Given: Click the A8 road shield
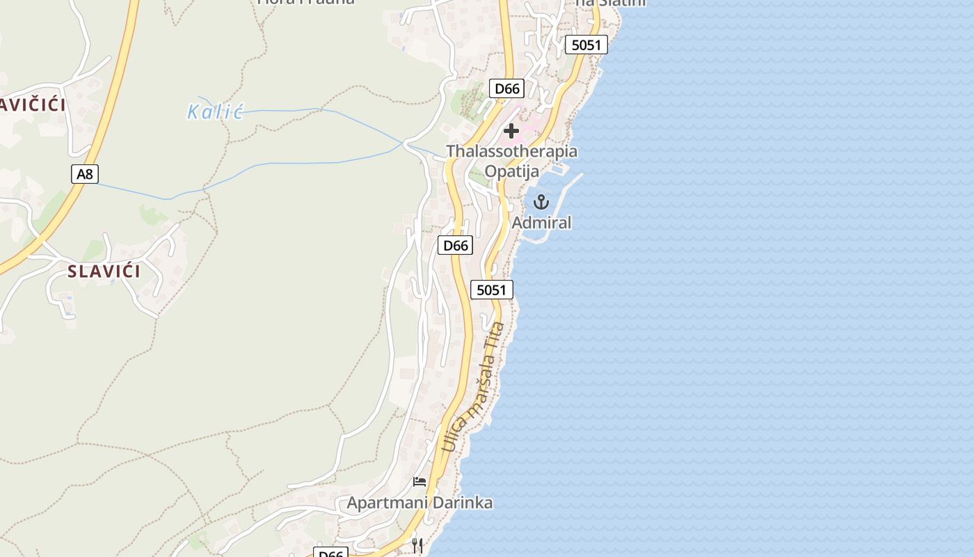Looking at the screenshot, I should tap(84, 173).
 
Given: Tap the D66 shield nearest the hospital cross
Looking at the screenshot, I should tap(506, 88).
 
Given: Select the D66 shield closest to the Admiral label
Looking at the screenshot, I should tap(455, 245).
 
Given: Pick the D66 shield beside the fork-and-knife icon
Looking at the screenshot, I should tap(331, 554).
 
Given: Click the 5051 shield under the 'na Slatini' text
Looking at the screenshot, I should tap(586, 45).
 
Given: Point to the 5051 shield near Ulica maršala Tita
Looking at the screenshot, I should tap(491, 290).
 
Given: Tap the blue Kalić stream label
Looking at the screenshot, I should tap(215, 111).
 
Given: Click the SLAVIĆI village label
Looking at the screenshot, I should tap(104, 272).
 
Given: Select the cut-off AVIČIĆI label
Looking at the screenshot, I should tap(33, 105).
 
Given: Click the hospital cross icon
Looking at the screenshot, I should tap(511, 130).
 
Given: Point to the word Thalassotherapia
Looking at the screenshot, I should tap(511, 151).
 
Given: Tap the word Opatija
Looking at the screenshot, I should tap(511, 171).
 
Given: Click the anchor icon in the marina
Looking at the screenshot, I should tap(541, 203).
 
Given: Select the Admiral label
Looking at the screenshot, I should tap(541, 223).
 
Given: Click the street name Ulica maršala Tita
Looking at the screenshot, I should tap(473, 386).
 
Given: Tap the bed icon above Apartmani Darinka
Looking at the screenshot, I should tap(420, 481).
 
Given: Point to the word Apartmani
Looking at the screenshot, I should tap(383, 503).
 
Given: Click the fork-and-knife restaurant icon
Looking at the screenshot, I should tap(417, 545).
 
